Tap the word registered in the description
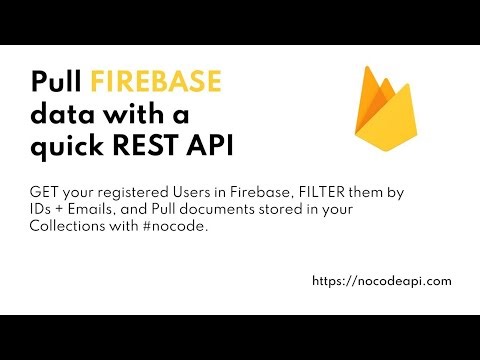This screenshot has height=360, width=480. [x=114, y=190]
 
